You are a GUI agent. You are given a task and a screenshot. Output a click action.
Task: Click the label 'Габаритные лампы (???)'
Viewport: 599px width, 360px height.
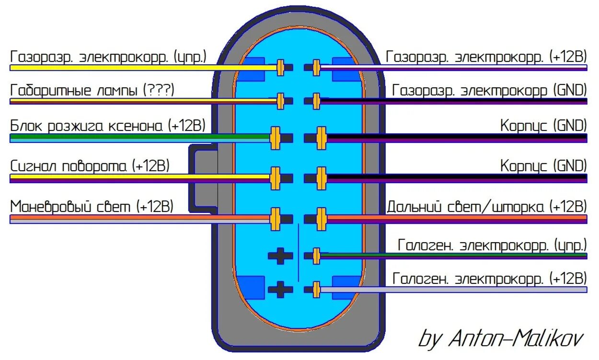tap(92, 90)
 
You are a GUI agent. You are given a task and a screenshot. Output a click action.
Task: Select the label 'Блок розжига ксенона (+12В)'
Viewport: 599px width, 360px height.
tap(108, 126)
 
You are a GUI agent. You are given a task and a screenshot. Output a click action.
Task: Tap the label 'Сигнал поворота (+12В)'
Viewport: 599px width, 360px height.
tap(90, 166)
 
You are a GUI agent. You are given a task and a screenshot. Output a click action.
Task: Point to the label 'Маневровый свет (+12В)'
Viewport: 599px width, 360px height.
tap(92, 207)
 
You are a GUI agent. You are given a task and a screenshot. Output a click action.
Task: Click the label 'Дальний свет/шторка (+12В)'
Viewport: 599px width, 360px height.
tap(486, 207)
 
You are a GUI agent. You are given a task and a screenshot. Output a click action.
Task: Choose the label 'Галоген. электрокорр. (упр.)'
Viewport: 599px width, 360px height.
tap(492, 245)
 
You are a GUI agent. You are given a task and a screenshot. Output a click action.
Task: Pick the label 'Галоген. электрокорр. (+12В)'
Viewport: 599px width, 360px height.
tap(489, 279)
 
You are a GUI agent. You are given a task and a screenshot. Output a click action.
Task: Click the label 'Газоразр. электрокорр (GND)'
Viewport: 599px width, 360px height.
tap(489, 90)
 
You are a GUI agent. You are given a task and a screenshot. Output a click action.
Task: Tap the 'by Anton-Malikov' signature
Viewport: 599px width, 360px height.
tap(501, 338)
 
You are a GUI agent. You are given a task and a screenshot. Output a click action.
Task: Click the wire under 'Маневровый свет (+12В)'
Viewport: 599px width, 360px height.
tap(139, 219)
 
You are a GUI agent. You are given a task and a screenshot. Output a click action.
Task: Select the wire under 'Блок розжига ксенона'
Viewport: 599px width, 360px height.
tap(139, 138)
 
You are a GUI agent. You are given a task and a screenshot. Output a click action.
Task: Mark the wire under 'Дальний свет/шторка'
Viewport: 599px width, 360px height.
tap(455, 219)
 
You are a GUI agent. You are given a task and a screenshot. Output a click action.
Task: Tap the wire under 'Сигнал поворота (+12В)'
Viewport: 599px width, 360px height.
tap(139, 178)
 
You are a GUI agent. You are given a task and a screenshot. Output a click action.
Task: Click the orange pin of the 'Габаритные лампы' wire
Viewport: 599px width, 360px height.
tap(281, 101)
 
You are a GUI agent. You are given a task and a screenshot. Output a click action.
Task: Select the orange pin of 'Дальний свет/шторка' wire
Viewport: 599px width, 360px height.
tap(321, 219)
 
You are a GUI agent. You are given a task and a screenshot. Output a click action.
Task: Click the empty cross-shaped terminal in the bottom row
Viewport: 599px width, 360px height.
tap(280, 289)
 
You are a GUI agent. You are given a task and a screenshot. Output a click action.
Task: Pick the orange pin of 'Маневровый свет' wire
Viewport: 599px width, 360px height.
tap(275, 219)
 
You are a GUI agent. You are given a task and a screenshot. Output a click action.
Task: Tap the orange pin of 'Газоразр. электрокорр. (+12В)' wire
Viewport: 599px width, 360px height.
tap(316, 68)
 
